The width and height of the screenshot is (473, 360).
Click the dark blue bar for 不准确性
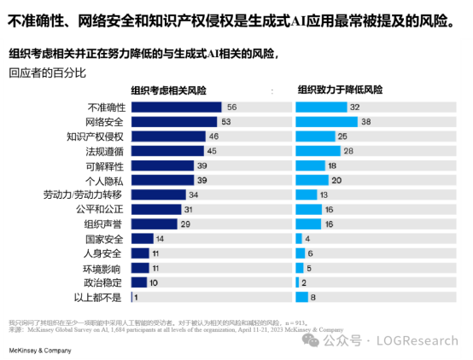175,107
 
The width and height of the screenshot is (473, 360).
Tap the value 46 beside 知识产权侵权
213,136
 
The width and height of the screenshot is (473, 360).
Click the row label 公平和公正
102,209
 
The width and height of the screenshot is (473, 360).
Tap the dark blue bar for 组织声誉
155,224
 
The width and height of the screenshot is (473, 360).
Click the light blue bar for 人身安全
299,253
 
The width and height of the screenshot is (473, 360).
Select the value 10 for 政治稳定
153,282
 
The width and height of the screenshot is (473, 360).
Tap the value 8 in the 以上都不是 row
314,297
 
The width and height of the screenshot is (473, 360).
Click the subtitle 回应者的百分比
46,73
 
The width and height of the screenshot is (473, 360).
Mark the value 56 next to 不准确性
231,107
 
